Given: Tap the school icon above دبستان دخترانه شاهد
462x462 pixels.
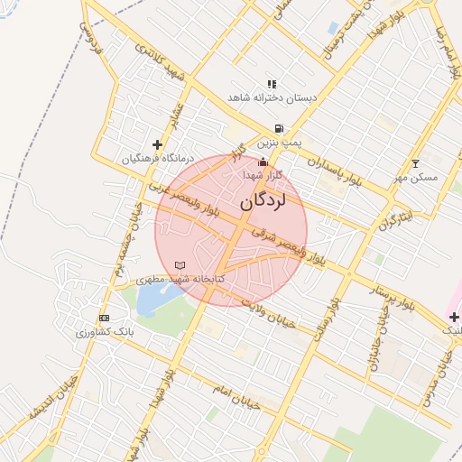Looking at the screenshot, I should coord(272,84).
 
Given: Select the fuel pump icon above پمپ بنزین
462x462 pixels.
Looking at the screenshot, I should coord(279,129).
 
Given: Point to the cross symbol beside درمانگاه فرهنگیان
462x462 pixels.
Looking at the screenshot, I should coord(157,144).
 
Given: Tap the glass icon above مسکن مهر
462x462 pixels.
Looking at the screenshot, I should coord(415,164).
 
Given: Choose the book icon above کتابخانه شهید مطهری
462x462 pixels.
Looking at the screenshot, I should coord(180,265).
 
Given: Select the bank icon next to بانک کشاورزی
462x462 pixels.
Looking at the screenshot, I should coord(105,319).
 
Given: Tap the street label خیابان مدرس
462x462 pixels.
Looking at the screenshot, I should coord(442,373).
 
